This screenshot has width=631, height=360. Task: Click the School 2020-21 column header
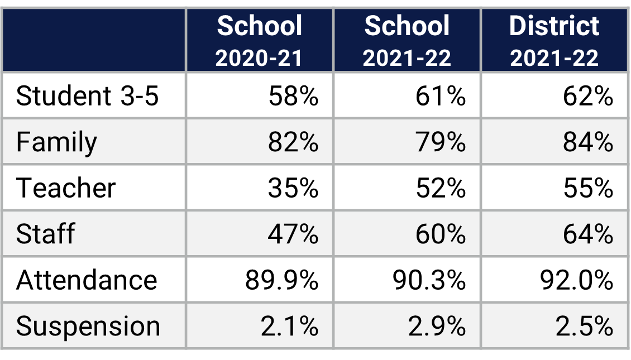pyautogui.click(x=260, y=41)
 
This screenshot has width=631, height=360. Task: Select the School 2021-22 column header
pyautogui.click(x=407, y=41)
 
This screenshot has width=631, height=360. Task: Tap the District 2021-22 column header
pyautogui.click(x=554, y=41)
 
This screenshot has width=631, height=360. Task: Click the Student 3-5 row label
pyautogui.click(x=88, y=96)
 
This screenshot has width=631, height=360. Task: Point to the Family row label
pyautogui.click(x=56, y=142)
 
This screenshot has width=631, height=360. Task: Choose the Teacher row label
pyautogui.click(x=66, y=188)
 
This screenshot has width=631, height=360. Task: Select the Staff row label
pyautogui.click(x=45, y=234)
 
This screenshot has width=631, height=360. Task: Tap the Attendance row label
pyautogui.click(x=87, y=280)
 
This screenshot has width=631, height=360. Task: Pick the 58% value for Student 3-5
pyautogui.click(x=293, y=96)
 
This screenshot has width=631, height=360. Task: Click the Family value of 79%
pyautogui.click(x=441, y=142)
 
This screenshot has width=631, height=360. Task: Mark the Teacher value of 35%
pyautogui.click(x=293, y=188)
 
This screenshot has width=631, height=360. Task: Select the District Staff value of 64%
pyautogui.click(x=588, y=234)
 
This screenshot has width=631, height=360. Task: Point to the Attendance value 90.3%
pyautogui.click(x=428, y=280)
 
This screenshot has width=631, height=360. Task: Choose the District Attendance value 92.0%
pyautogui.click(x=576, y=280)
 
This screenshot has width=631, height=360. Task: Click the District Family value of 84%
pyautogui.click(x=588, y=142)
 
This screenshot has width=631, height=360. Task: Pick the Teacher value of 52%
pyautogui.click(x=441, y=188)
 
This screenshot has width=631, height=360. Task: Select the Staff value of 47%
pyautogui.click(x=293, y=234)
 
